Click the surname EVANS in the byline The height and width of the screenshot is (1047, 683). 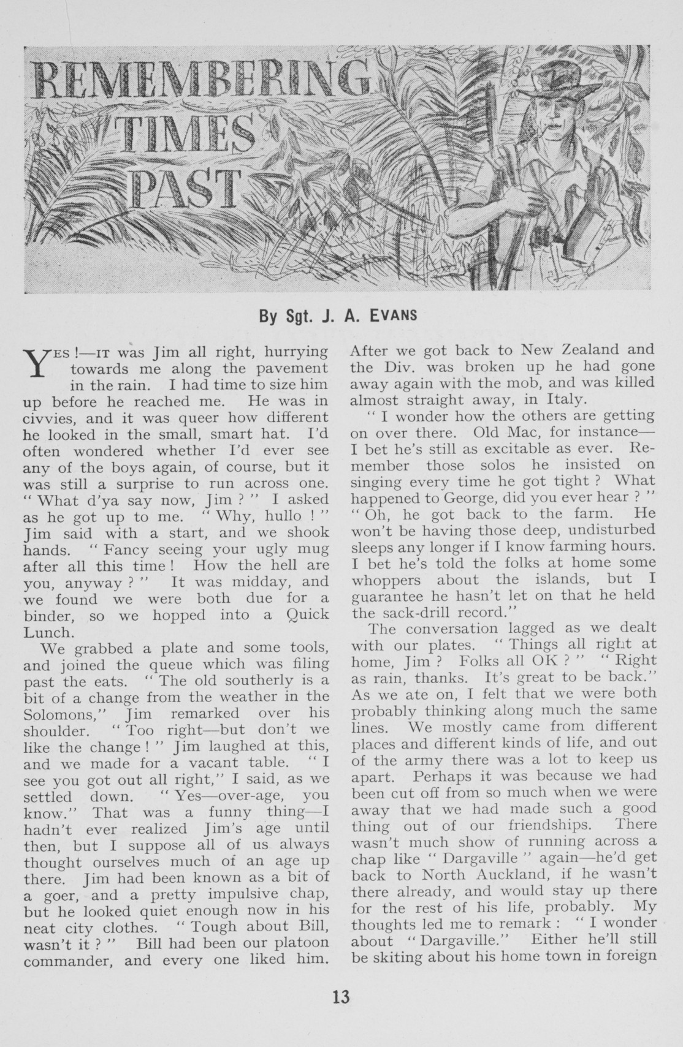(x=394, y=317)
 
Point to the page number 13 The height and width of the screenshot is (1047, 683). (x=341, y=997)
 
